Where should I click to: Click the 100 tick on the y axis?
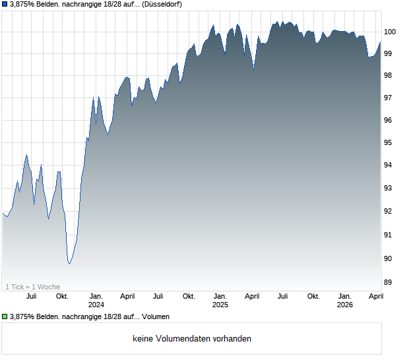click(390, 31)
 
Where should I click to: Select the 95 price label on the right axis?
click(390, 142)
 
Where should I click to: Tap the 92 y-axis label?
click(390, 211)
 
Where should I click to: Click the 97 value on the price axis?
click(390, 98)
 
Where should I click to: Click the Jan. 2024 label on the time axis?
click(96, 300)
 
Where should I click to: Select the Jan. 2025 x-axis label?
click(220, 300)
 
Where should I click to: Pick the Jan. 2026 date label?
click(344, 300)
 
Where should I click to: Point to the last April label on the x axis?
click(375, 296)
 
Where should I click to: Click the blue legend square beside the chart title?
click(5, 5)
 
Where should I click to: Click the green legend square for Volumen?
click(5, 317)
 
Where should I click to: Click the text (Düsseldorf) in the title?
click(162, 5)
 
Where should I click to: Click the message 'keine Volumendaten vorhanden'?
click(192, 339)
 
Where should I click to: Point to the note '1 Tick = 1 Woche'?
click(32, 287)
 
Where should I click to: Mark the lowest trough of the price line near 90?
click(69, 264)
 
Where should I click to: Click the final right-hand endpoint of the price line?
click(381, 42)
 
